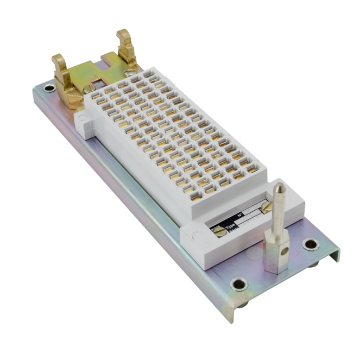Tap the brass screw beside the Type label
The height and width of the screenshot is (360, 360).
(219, 232)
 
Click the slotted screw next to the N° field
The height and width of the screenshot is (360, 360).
(264, 207)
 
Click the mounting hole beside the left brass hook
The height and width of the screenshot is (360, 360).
(48, 87)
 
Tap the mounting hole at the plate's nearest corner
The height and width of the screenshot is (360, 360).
(238, 283)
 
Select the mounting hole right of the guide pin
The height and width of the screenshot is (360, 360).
(310, 244)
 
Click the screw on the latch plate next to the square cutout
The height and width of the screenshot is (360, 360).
(87, 88)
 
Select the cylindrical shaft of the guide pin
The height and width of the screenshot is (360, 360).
(276, 214)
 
